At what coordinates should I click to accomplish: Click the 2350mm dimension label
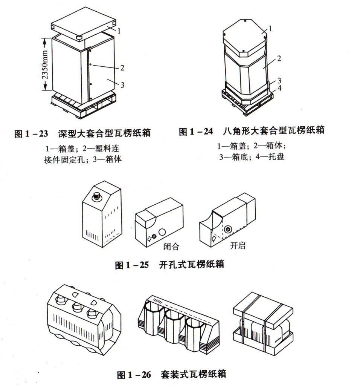pyautogui.click(x=45, y=64)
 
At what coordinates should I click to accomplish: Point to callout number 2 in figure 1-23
pyautogui.click(x=122, y=68)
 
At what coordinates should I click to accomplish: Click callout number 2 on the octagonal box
pyautogui.click(x=279, y=58)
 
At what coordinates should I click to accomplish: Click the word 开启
pyautogui.click(x=238, y=246)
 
